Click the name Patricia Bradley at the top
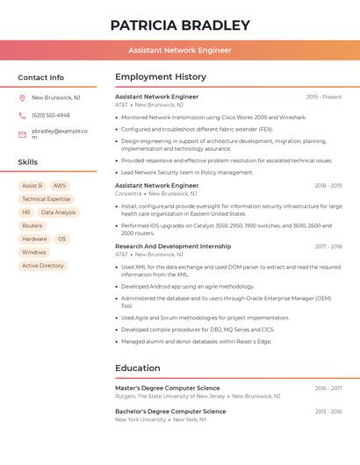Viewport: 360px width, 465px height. [x=180, y=25]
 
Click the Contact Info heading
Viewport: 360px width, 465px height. [x=41, y=77]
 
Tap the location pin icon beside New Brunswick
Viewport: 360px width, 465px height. [x=22, y=98]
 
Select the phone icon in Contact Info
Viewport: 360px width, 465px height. [x=22, y=115]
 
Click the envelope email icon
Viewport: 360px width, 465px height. [x=22, y=134]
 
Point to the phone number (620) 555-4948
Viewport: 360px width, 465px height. [x=51, y=115]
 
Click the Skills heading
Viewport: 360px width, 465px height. [x=28, y=162]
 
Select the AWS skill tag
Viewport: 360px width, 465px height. [x=60, y=186]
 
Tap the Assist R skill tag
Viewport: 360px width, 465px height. [x=32, y=186]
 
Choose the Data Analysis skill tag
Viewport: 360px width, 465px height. [x=59, y=212]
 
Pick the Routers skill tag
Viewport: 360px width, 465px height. [x=32, y=225]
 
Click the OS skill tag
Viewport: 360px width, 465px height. [x=61, y=239]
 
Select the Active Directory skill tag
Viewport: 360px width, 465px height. [x=43, y=265]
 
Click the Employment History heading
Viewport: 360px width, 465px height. [x=161, y=77]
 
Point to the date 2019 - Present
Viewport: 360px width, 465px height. [x=324, y=97]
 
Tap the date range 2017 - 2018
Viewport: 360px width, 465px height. [x=328, y=247]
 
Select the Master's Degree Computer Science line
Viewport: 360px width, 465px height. [x=168, y=388]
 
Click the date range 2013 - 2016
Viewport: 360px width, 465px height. [x=328, y=411]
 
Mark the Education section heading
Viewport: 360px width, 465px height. [x=138, y=368]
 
